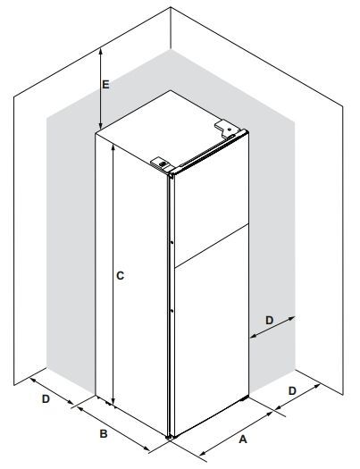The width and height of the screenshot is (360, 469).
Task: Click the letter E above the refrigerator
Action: (x=105, y=85)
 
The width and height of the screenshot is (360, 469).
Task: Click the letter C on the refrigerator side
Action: (x=120, y=275)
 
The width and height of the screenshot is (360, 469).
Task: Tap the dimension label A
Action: (x=243, y=440)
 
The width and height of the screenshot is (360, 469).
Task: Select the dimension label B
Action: (x=104, y=433)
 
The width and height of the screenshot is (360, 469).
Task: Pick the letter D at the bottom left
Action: (x=46, y=398)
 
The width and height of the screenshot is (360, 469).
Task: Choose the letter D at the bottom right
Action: (x=292, y=390)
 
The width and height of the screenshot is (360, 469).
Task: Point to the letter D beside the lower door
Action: (x=270, y=321)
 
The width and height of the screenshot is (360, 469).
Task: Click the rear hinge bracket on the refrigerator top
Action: (x=227, y=129)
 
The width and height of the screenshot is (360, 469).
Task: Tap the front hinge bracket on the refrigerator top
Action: (x=162, y=164)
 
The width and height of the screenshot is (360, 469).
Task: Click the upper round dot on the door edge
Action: (x=172, y=243)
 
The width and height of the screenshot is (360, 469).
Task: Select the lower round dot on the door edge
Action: (x=172, y=311)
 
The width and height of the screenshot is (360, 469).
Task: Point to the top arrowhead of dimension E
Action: (x=101, y=50)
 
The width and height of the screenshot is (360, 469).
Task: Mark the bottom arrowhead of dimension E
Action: (x=101, y=126)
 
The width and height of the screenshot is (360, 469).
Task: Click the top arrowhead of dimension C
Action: (x=113, y=147)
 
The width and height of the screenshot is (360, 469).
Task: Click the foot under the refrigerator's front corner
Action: (x=169, y=437)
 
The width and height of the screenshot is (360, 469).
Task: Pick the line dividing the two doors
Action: (x=212, y=246)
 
